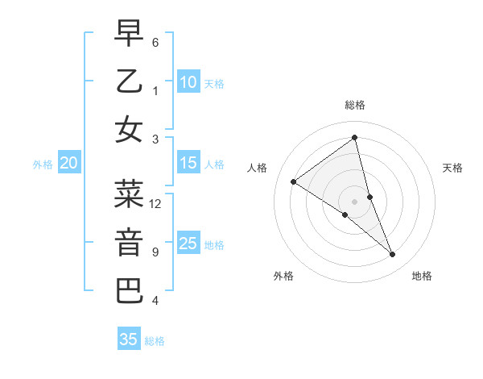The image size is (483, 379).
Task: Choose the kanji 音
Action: pyautogui.click(x=129, y=241)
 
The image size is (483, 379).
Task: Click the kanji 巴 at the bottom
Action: pyautogui.click(x=129, y=289)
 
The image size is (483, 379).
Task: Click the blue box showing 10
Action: pyautogui.click(x=188, y=81)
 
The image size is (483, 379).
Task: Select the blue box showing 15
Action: pyautogui.click(x=188, y=163)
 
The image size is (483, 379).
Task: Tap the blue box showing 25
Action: pyautogui.click(x=188, y=244)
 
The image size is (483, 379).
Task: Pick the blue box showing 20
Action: pyautogui.click(x=68, y=163)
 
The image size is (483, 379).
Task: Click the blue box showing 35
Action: pyautogui.click(x=129, y=339)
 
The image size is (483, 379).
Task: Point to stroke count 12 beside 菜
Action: pyautogui.click(x=155, y=204)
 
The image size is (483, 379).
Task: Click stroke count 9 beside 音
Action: pyautogui.click(x=155, y=252)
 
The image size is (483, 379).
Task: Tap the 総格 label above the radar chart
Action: pyautogui.click(x=355, y=105)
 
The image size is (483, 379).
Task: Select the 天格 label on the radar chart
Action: pyautogui.click(x=453, y=168)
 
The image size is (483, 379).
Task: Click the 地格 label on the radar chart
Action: pyautogui.click(x=422, y=276)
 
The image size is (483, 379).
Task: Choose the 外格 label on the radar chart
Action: pyautogui.click(x=283, y=276)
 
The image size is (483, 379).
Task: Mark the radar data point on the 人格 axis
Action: pyautogui.click(x=294, y=181)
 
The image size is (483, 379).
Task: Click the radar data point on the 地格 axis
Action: pyautogui.click(x=393, y=255)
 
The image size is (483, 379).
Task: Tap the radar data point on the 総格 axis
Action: pyautogui.click(x=355, y=138)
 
